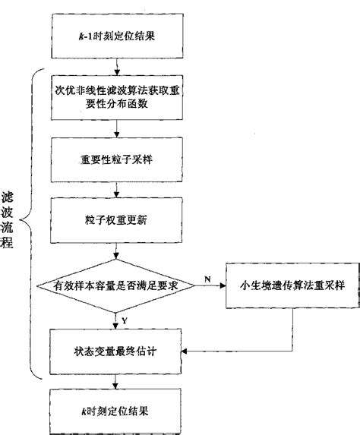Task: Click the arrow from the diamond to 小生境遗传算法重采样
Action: pos(209,285)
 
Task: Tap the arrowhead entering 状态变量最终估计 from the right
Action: pos(187,350)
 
